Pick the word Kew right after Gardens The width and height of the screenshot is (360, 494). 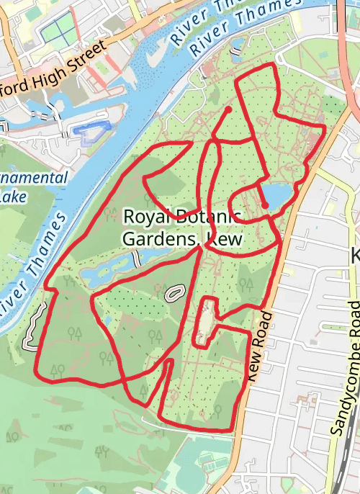222,238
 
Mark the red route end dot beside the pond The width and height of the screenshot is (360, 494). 265,206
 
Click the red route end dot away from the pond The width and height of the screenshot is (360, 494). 228,109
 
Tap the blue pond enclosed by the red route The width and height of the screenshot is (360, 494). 275,194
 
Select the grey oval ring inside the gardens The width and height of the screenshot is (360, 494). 174,293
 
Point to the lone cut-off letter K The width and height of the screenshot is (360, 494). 354,256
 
